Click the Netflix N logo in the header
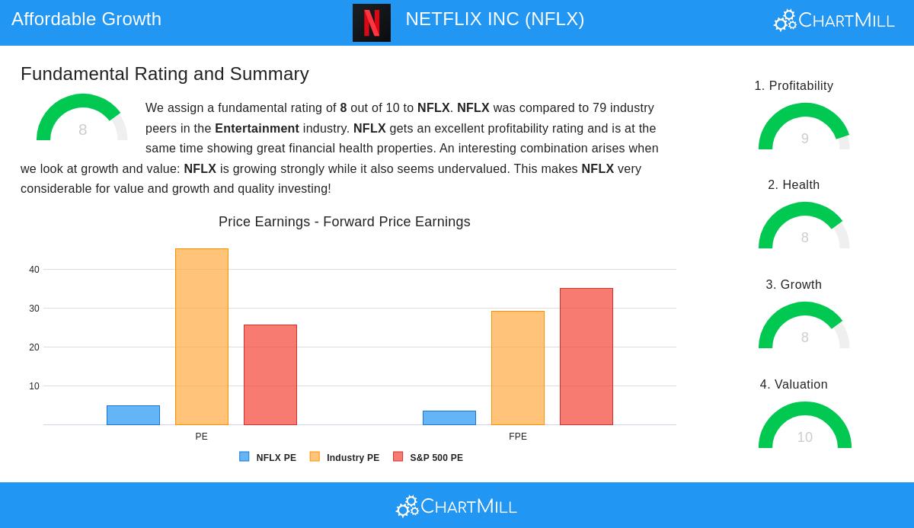click(371, 23)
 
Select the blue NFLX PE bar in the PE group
click(133, 415)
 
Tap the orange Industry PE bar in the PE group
click(202, 337)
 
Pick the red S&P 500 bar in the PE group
click(270, 375)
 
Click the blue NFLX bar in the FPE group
click(449, 418)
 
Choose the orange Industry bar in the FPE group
click(518, 368)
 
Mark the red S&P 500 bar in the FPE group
click(586, 357)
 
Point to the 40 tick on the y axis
click(34, 270)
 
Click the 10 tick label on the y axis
click(34, 386)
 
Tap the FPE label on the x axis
click(518, 437)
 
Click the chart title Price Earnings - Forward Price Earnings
click(344, 222)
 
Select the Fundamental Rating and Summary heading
click(165, 74)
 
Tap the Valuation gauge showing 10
click(804, 427)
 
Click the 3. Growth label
click(794, 285)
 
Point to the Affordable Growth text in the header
click(86, 19)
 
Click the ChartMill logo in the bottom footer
click(456, 506)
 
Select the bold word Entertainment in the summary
click(257, 129)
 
